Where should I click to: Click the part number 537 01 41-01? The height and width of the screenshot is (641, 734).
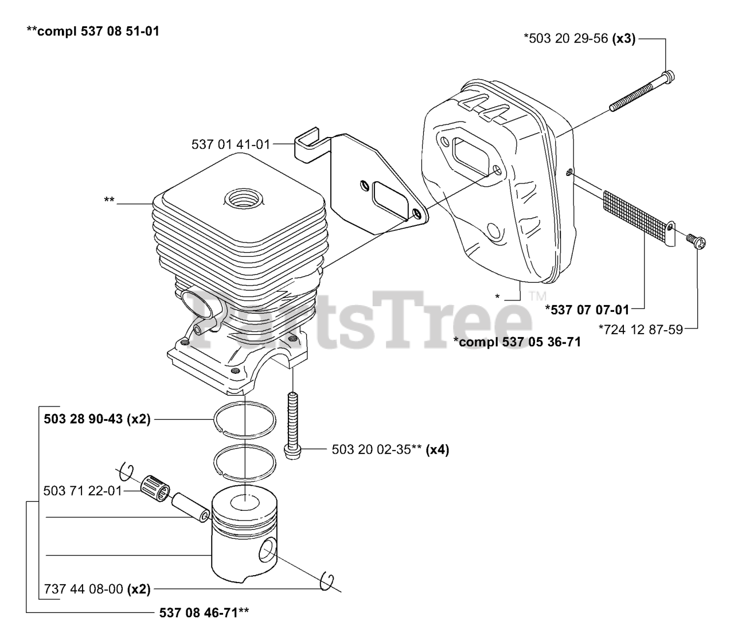[231, 144]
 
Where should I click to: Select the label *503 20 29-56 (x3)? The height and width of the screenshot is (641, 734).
[579, 39]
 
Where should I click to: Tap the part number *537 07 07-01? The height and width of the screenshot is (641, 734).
[587, 310]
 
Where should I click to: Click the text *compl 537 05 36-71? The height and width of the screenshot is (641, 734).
[517, 342]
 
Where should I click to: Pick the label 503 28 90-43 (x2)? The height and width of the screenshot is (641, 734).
[97, 419]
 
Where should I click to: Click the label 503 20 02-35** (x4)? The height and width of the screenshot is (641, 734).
[390, 450]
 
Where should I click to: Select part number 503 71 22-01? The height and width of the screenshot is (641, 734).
[83, 491]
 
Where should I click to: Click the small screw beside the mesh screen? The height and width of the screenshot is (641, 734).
[697, 241]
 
